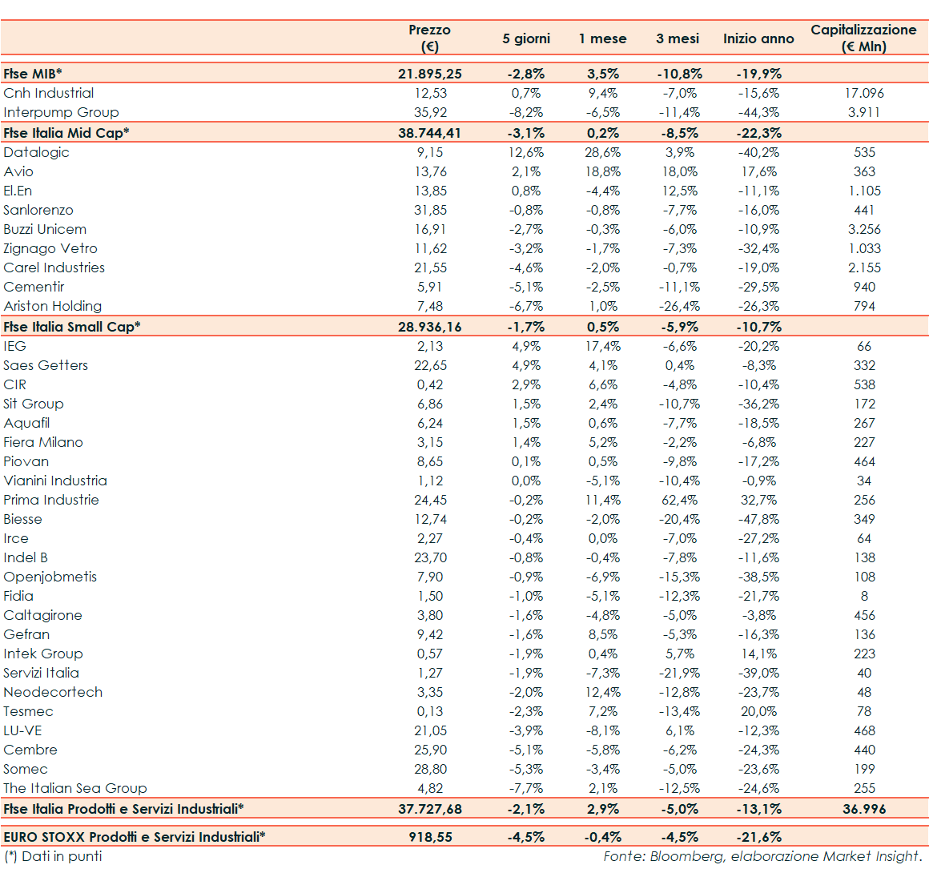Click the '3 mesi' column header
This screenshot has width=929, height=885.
[677, 38]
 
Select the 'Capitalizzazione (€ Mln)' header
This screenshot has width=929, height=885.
[863, 38]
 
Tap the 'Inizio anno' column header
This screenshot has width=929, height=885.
[758, 38]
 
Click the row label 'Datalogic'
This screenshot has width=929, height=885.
[36, 152]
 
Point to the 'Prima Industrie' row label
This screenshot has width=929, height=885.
[51, 500]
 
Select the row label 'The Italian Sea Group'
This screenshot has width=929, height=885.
[75, 788]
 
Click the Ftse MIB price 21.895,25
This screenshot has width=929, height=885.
[429, 74]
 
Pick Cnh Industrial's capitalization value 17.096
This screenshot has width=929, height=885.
[864, 93]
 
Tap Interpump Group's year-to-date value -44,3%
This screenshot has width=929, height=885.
[758, 112]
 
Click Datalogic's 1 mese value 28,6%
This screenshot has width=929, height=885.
[602, 152]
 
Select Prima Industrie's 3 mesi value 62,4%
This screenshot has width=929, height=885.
[679, 500]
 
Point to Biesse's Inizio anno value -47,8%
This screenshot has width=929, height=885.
[758, 519]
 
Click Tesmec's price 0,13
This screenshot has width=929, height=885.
[430, 711]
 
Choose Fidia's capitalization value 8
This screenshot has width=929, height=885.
[864, 596]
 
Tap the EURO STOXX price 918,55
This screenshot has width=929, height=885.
[430, 837]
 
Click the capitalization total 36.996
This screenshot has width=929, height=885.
[864, 809]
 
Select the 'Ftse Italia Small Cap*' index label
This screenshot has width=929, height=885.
[71, 327]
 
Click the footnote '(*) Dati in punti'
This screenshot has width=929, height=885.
[53, 856]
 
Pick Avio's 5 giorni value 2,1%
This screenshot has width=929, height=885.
[526, 171]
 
